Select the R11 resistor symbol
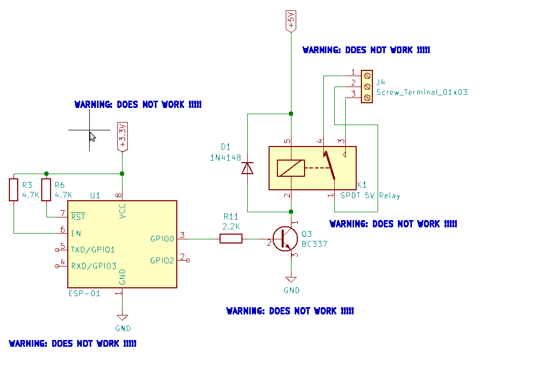pos(230,239)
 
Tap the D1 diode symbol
pos(247,168)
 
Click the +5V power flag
pos(291,22)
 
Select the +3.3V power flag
pos(122,137)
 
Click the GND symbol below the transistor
pos(292,280)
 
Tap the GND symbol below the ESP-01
pos(123,318)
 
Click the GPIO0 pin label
pos(162,239)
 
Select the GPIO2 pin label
pos(162,260)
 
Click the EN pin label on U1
pos(76,233)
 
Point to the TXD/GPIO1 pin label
pos(93,249)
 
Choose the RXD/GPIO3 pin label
pos(93,266)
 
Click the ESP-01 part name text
pos(84,294)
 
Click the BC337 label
pos(314,244)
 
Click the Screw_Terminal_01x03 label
pos(422,92)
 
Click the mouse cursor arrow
pos(92,136)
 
